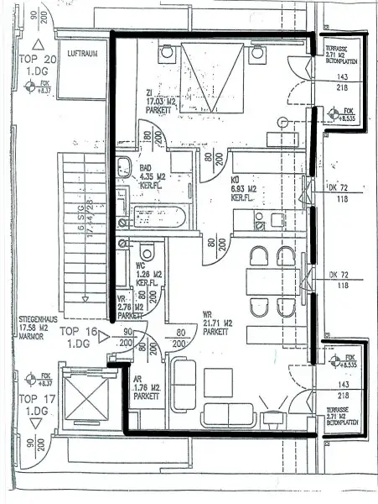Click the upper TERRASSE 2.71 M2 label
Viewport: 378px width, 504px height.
pyautogui.click(x=342, y=56)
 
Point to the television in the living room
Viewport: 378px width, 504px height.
pyautogui.click(x=273, y=416)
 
